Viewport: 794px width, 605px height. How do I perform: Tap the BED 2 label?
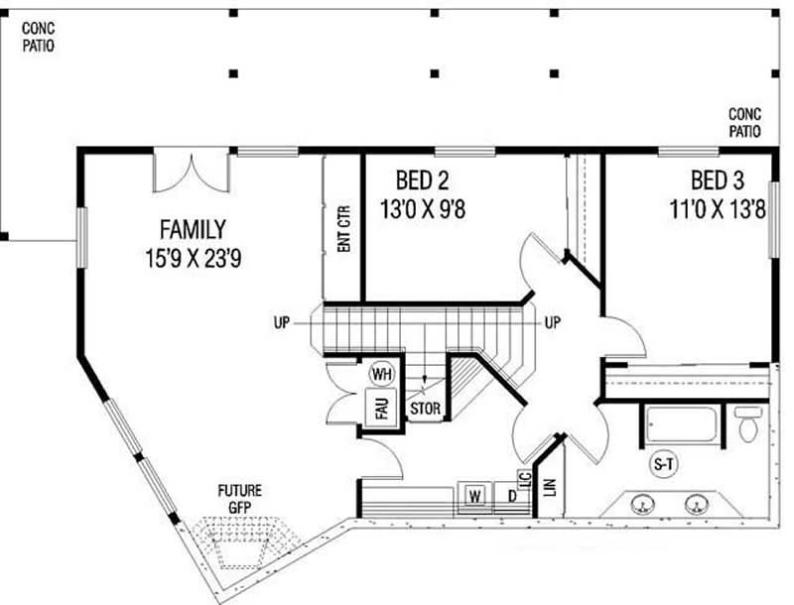click(423, 181)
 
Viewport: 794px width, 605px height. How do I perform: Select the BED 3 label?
click(719, 181)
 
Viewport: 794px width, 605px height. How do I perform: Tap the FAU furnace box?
click(381, 407)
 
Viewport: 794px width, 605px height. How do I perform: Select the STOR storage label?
click(424, 408)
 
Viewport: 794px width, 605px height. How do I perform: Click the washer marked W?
click(474, 494)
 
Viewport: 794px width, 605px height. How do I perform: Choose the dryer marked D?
click(511, 494)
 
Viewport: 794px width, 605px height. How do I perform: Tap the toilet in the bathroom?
click(749, 424)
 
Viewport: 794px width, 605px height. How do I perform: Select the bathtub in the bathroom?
click(680, 424)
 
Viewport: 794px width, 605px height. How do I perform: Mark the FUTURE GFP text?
click(240, 497)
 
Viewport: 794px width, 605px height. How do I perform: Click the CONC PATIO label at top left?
click(38, 37)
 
